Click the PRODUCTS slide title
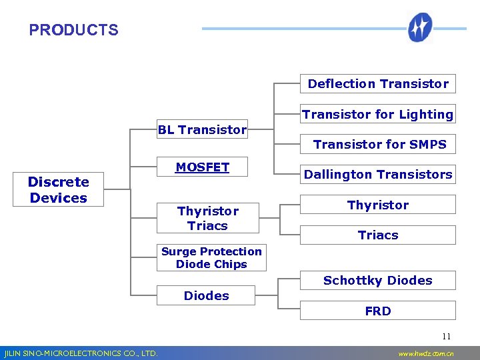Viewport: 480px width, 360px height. pyautogui.click(x=73, y=30)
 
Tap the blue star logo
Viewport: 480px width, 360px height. pyautogui.click(x=421, y=28)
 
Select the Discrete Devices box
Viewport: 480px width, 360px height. pyautogui.click(x=59, y=190)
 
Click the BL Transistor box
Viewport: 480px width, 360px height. pyautogui.click(x=202, y=130)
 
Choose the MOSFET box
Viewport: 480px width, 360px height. pyautogui.click(x=202, y=168)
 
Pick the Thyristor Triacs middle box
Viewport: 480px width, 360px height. pyautogui.click(x=207, y=218)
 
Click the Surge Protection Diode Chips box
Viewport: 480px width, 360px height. pyautogui.click(x=211, y=258)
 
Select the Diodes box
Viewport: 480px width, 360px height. pyautogui.click(x=206, y=295)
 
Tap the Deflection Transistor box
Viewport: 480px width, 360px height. pyautogui.click(x=378, y=83)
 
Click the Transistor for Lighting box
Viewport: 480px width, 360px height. pyautogui.click(x=377, y=114)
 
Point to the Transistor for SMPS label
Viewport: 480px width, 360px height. pyautogui.click(x=379, y=144)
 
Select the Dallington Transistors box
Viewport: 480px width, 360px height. pyautogui.click(x=378, y=174)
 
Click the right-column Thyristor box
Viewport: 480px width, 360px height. pyautogui.click(x=378, y=205)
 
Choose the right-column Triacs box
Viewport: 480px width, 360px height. pyautogui.click(x=378, y=235)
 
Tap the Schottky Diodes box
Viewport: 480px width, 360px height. pyautogui.click(x=378, y=280)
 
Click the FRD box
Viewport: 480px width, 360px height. pyautogui.click(x=378, y=311)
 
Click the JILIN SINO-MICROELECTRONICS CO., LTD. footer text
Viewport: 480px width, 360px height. pyautogui.click(x=81, y=353)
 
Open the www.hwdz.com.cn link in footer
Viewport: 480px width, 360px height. pyautogui.click(x=425, y=353)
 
